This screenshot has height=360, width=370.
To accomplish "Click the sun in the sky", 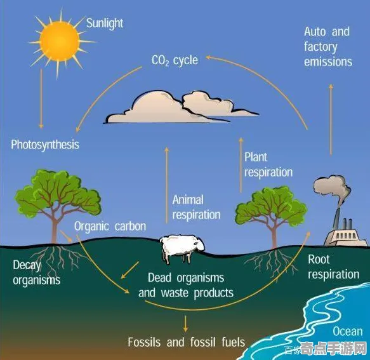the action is pos(60,41).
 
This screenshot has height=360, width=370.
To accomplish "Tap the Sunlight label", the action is pos(105,23).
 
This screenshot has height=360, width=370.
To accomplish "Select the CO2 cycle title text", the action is pos(175,60).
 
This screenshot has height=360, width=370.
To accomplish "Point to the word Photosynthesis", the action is pos(45,145).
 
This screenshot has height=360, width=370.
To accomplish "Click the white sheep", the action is pos(182,248).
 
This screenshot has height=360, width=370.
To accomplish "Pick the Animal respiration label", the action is pos(196,207).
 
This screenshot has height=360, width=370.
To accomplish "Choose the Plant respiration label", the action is pos(268,164).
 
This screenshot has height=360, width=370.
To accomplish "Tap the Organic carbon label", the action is pos(110,227).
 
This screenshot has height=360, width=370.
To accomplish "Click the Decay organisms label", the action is pos(37,272).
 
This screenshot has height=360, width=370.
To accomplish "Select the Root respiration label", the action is pos(334,267).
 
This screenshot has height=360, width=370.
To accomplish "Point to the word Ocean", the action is pos(348,331).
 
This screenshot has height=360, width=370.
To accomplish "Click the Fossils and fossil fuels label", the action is pos(187,342).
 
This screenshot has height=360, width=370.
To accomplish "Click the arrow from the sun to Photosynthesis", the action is pos(41,98).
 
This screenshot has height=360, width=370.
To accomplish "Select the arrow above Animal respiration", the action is pos(167,185).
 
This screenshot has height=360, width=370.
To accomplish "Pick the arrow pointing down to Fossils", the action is pos(186,324).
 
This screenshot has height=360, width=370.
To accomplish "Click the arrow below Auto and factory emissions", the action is pos(331,119).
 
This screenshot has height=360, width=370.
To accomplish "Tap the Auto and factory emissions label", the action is pos(328,46).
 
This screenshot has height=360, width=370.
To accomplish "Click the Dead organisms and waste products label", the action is pos(186,286).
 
